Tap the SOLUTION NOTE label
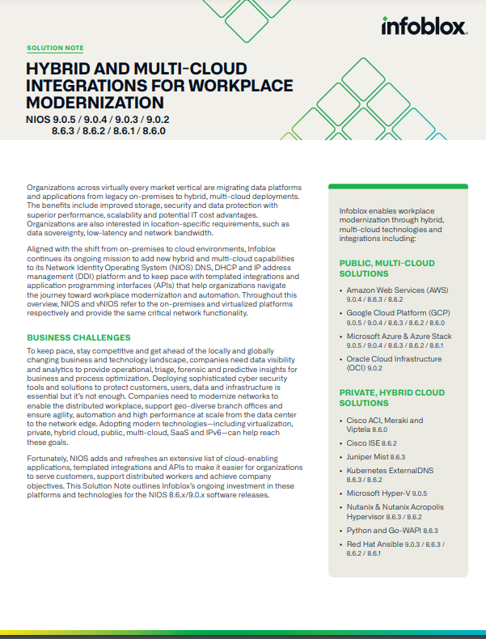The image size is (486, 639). click(55, 49)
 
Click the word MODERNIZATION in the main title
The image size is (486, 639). click(95, 103)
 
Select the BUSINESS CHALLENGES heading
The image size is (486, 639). click(78, 336)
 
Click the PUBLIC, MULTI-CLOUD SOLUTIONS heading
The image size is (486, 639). click(387, 269)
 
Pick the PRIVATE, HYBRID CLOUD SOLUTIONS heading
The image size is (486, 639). click(390, 397)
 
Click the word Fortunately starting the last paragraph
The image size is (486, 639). click(49, 459)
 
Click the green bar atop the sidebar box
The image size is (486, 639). click(397, 186)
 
